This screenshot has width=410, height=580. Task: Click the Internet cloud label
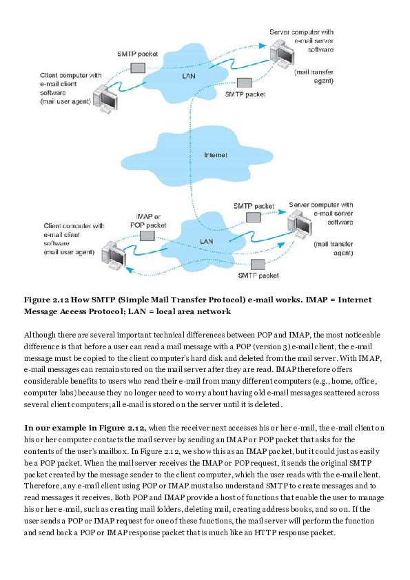[x=215, y=155]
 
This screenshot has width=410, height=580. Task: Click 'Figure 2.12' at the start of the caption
[x=45, y=300]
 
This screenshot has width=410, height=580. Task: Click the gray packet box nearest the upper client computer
[x=138, y=68]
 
